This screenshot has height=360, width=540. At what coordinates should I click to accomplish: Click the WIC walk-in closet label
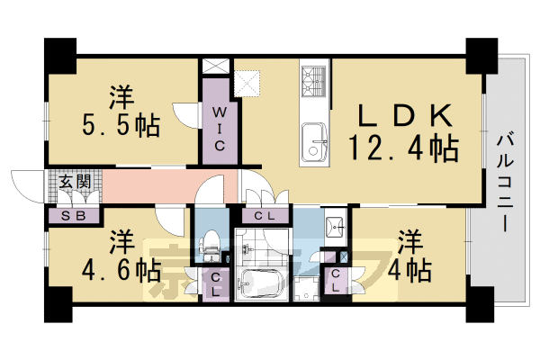point(218,126)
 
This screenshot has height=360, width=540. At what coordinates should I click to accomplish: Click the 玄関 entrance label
point(71,181)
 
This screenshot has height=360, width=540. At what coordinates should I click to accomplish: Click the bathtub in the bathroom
point(261,284)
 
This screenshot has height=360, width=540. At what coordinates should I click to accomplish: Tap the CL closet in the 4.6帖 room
point(218,285)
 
